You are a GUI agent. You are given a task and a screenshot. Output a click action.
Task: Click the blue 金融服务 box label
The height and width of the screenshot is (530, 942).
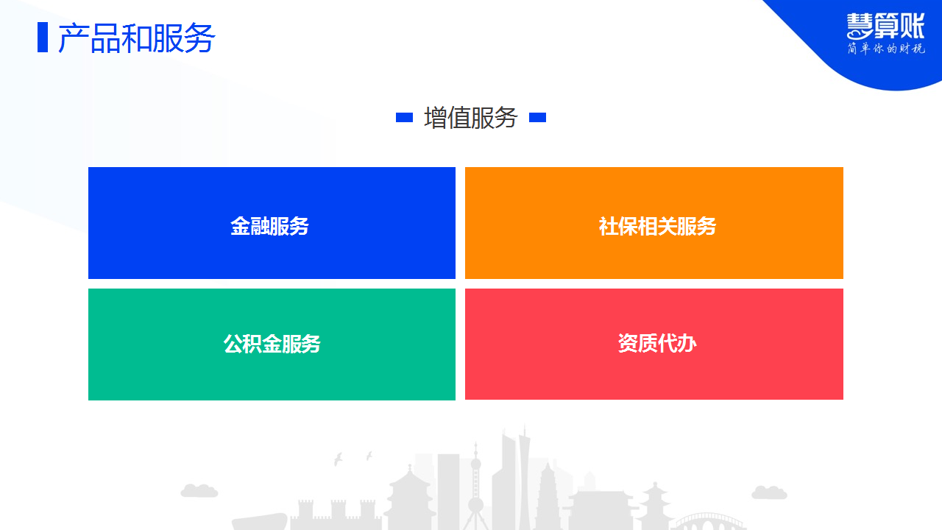(x=269, y=226)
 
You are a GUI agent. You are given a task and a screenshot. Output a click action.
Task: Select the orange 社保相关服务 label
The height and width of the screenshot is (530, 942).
(x=657, y=226)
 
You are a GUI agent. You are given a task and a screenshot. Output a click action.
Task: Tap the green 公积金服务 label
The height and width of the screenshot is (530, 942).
(x=272, y=344)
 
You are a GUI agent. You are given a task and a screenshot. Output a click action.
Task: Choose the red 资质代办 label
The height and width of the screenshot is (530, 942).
(x=657, y=343)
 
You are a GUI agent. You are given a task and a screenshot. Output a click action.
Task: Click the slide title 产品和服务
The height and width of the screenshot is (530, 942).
(x=137, y=38)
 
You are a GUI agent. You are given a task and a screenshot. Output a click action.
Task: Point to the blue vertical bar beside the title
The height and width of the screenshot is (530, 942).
(x=43, y=38)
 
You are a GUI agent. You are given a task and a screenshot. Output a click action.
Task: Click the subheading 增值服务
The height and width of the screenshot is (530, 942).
(x=470, y=118)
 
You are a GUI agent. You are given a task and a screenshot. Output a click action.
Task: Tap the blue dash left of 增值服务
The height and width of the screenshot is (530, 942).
(x=404, y=117)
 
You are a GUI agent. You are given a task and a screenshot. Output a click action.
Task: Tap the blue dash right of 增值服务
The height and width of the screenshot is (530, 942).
(x=537, y=117)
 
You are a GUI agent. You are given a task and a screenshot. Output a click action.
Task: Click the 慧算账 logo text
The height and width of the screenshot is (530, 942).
(x=885, y=26)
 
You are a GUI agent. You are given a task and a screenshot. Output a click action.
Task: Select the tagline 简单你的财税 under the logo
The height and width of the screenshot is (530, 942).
(x=886, y=49)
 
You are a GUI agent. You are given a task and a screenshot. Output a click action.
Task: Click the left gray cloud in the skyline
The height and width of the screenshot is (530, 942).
(x=199, y=490)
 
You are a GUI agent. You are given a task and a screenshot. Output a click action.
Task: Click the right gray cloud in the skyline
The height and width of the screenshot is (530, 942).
(x=769, y=492)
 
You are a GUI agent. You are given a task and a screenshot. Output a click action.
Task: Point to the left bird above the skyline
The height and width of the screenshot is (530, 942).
(x=338, y=459)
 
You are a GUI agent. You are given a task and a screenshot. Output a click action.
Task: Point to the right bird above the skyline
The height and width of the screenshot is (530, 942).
(x=369, y=456)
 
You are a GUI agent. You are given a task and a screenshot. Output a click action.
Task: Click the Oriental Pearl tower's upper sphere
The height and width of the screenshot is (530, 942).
(x=475, y=464)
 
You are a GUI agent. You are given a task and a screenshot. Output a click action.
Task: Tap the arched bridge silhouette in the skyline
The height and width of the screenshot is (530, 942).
(x=706, y=522)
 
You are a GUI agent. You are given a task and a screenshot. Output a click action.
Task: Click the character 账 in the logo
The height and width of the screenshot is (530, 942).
(x=911, y=26)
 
